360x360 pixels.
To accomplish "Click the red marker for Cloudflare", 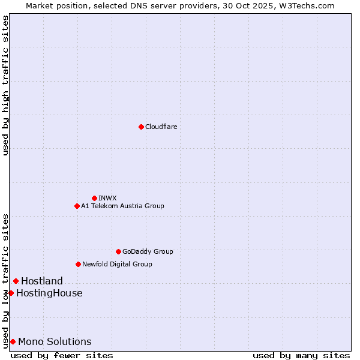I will click(x=141, y=127).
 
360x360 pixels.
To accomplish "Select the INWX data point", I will click(x=94, y=198).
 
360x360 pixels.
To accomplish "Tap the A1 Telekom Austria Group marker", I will click(x=77, y=206).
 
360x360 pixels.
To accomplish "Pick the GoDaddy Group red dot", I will click(x=118, y=251).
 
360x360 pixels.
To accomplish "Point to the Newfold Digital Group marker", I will click(x=78, y=264).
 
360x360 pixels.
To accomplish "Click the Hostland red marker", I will click(x=16, y=281).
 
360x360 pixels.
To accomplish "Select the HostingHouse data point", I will click(x=11, y=293).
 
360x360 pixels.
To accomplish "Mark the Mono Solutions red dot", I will click(x=13, y=341).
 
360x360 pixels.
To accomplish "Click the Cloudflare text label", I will click(x=161, y=127).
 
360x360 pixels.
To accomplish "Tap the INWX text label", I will click(x=107, y=198).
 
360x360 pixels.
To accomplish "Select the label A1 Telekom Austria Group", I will click(x=122, y=206).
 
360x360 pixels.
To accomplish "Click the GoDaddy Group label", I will click(x=148, y=251).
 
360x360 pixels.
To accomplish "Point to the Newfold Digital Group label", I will click(x=117, y=264).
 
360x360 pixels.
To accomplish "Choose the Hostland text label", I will click(x=42, y=281).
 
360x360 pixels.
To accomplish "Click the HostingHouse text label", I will click(x=49, y=293).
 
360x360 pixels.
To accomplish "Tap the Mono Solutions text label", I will click(x=55, y=341).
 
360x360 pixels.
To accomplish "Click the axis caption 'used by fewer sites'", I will click(x=62, y=355).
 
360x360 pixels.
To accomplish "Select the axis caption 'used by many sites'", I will click(x=301, y=355).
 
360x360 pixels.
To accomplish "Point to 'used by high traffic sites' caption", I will click(x=5, y=85).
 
